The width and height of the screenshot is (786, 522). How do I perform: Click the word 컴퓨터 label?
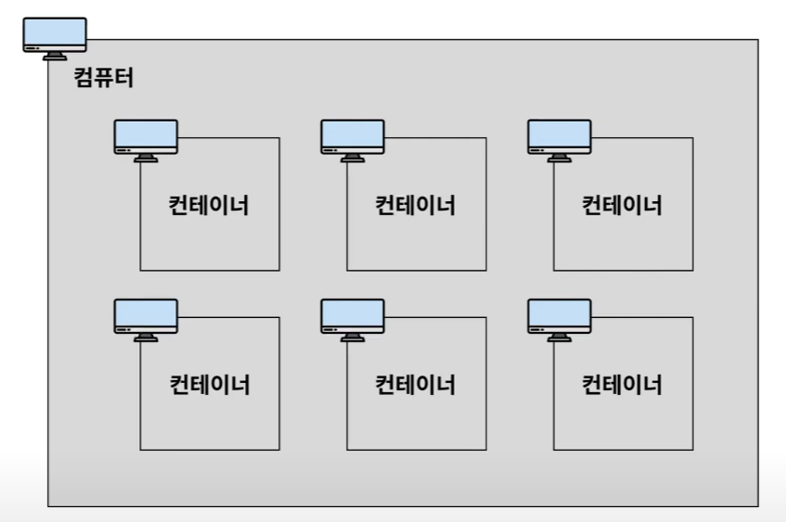point(103,78)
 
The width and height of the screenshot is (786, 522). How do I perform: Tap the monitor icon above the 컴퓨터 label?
point(55,35)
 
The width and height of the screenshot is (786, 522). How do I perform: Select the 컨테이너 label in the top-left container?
point(210,205)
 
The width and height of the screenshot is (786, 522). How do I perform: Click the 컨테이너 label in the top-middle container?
point(416,205)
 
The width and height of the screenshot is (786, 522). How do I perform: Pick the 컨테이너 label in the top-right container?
point(622,205)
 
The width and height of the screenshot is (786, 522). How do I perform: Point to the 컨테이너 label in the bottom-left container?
point(210,384)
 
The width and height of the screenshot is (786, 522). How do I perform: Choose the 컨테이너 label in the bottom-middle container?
point(416,384)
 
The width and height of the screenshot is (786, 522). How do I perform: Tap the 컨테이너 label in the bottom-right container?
point(622,384)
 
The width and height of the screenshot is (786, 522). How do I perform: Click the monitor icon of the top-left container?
point(146,137)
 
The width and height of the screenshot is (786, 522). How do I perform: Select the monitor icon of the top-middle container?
point(353,137)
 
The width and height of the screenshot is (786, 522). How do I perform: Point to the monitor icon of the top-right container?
point(560,137)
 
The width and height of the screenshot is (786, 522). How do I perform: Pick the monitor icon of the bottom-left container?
point(146,316)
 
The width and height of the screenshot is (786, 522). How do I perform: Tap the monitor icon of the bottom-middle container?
point(353,316)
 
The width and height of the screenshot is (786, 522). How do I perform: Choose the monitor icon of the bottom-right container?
point(560,316)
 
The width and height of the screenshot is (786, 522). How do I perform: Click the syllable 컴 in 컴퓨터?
point(84,78)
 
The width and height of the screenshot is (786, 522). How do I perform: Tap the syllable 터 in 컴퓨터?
point(124,78)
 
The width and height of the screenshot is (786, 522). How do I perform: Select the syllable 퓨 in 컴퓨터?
point(104,78)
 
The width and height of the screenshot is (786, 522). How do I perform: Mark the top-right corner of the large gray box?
point(758,40)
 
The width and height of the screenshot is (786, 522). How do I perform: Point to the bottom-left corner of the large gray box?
point(48,506)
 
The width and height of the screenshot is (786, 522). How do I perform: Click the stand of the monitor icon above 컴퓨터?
point(55,56)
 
